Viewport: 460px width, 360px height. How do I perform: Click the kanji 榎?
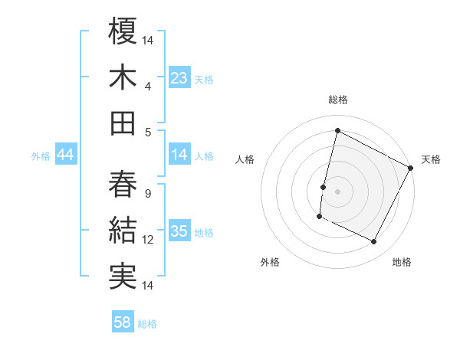(x=123, y=31)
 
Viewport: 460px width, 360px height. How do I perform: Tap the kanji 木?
(x=123, y=77)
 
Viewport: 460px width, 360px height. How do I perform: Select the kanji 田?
(x=123, y=123)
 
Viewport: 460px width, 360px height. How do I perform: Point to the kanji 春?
(x=123, y=184)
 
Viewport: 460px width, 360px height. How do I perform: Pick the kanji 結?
(x=123, y=231)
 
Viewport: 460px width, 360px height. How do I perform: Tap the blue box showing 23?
(x=179, y=78)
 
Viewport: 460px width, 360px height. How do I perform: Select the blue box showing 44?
(x=65, y=155)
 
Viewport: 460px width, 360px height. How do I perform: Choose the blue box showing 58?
(x=123, y=323)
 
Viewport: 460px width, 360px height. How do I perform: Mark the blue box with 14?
(x=179, y=155)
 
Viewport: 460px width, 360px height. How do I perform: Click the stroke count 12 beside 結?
(x=148, y=240)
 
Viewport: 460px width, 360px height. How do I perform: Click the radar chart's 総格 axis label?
(x=337, y=100)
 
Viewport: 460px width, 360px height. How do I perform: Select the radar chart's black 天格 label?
(x=431, y=159)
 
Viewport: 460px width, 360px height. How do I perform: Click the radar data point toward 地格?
(x=374, y=242)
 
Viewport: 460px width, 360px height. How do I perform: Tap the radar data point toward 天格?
(x=411, y=168)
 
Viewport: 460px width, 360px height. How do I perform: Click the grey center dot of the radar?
(x=337, y=191)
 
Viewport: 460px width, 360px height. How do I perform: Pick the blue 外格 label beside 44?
(x=41, y=156)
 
